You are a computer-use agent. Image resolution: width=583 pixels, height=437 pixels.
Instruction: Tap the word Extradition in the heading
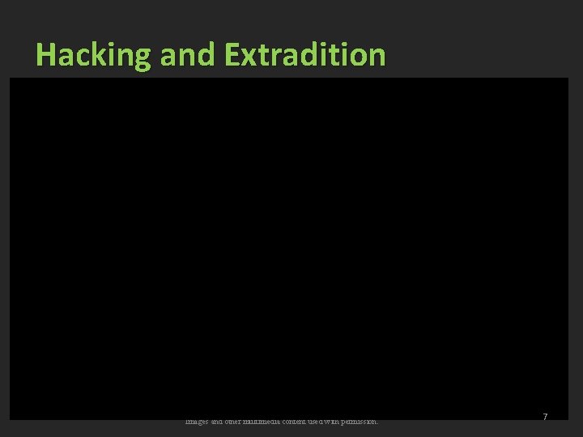pos(306,55)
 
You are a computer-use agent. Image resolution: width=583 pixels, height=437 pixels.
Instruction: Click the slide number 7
pos(545,417)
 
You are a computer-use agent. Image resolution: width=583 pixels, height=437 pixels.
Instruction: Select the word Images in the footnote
pos(198,421)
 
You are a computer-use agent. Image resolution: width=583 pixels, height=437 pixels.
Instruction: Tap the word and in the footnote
pos(221,421)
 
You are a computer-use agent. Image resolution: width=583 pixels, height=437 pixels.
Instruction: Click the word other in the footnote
pos(240,421)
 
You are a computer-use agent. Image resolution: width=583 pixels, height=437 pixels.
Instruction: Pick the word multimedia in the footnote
pos(274,421)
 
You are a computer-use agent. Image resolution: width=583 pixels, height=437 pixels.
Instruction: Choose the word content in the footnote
pos(312,421)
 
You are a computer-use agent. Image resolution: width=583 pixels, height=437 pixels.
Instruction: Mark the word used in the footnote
pos(335,421)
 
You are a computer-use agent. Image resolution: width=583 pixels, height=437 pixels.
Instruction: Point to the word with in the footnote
pos(351,421)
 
